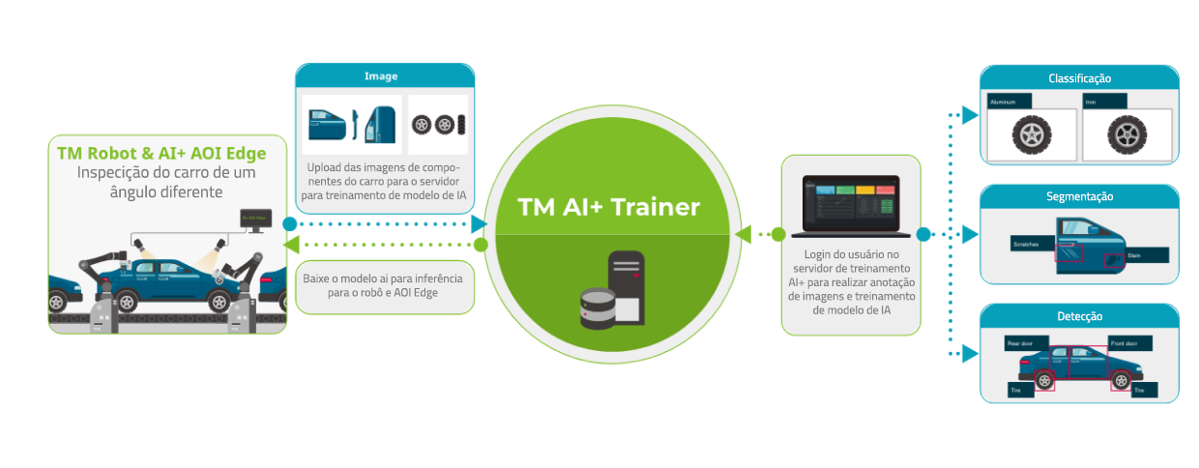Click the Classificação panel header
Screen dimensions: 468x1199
[x=1079, y=78]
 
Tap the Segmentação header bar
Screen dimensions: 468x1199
[x=1079, y=196]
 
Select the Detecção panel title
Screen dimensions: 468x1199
[x=1079, y=316]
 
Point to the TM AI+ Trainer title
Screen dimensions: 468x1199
[x=609, y=207]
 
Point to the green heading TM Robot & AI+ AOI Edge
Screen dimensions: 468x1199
[x=161, y=154]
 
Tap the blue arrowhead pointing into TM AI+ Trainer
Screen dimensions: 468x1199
[x=479, y=223]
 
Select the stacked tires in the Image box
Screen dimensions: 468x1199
[x=437, y=125]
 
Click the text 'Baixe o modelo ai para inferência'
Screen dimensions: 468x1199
[x=383, y=278]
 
